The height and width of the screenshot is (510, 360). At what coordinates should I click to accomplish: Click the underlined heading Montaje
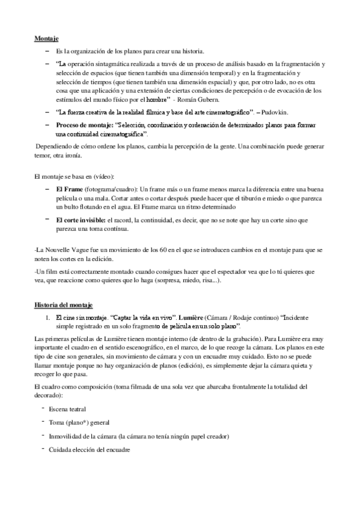click(x=46, y=38)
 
